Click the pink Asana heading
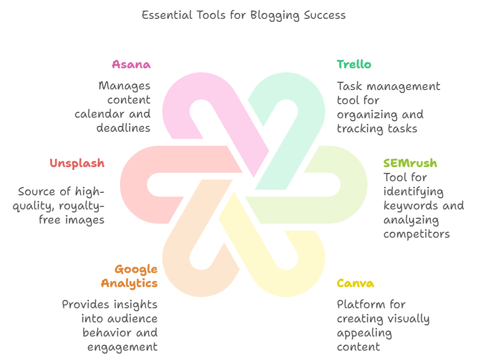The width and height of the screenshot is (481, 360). click(x=131, y=64)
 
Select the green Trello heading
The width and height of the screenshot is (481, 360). click(x=354, y=64)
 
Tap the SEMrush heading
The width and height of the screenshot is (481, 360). click(x=410, y=163)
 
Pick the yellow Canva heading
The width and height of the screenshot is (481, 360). click(x=355, y=284)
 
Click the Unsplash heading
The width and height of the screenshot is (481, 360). click(x=77, y=163)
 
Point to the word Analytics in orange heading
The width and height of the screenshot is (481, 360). click(x=129, y=284)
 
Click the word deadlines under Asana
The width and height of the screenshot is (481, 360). click(x=124, y=128)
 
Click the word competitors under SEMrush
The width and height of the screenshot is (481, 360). click(x=416, y=234)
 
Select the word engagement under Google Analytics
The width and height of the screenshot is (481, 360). click(x=122, y=346)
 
